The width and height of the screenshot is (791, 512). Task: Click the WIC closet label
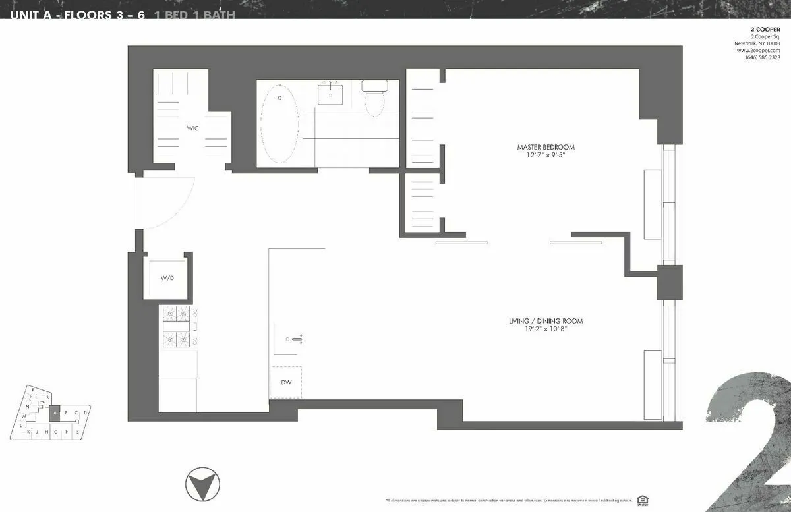[192, 128]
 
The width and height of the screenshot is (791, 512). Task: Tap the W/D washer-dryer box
[167, 279]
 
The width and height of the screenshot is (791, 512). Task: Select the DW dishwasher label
[286, 382]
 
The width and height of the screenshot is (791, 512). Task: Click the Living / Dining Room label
[545, 321]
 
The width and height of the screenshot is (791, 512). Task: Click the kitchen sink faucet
[295, 339]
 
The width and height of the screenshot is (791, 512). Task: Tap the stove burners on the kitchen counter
[178, 327]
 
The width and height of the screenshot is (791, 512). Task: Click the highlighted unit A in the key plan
[56, 413]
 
